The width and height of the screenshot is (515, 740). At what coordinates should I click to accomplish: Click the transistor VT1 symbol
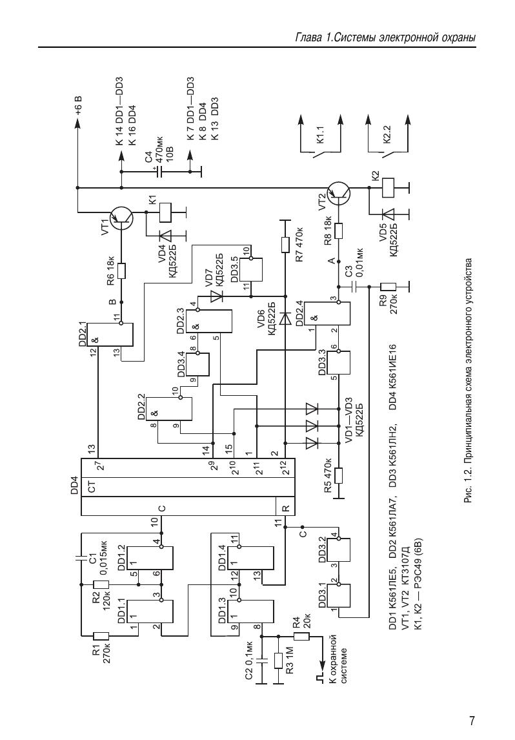[121, 218]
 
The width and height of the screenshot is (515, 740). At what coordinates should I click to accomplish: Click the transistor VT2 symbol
[339, 193]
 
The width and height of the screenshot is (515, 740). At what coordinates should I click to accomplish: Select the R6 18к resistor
[121, 271]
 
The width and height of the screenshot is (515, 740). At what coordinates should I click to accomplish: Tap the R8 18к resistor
[339, 231]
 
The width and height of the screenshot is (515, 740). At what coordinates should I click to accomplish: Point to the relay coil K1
[167, 212]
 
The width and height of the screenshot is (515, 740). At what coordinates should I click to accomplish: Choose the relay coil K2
[388, 187]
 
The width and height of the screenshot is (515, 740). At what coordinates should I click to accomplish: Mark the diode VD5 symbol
[388, 213]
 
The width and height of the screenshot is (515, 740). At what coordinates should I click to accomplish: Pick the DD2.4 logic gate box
[327, 313]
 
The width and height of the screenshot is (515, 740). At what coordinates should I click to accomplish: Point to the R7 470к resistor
[285, 245]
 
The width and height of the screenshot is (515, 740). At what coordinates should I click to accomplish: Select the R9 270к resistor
[388, 286]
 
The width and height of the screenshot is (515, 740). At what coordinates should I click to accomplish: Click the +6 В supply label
[79, 107]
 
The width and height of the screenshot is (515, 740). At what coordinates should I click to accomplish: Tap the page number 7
[472, 721]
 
